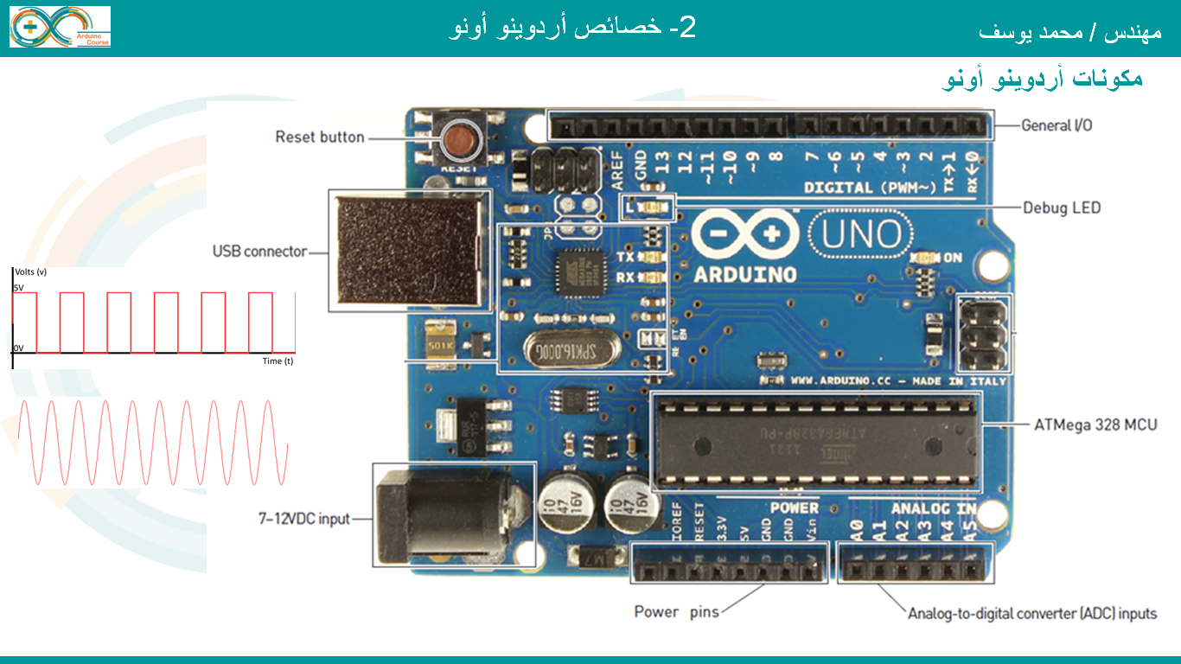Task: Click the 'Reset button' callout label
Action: click(319, 137)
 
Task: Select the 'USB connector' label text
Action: click(259, 252)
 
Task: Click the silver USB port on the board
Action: click(409, 249)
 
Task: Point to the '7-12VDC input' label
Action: click(303, 519)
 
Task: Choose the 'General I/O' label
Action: click(1057, 125)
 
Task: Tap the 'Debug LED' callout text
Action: click(1062, 207)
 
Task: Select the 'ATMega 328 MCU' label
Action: click(1095, 425)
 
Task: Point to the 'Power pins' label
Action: click(676, 612)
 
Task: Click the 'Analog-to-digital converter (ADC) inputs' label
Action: click(1031, 614)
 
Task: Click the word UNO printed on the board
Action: click(861, 234)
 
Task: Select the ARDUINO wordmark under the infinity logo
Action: click(744, 274)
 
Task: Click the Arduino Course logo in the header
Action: click(60, 27)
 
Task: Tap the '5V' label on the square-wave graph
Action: click(17, 286)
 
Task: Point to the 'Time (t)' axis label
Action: click(278, 361)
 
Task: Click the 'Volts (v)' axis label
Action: click(31, 271)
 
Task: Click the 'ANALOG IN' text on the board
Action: click(932, 508)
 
